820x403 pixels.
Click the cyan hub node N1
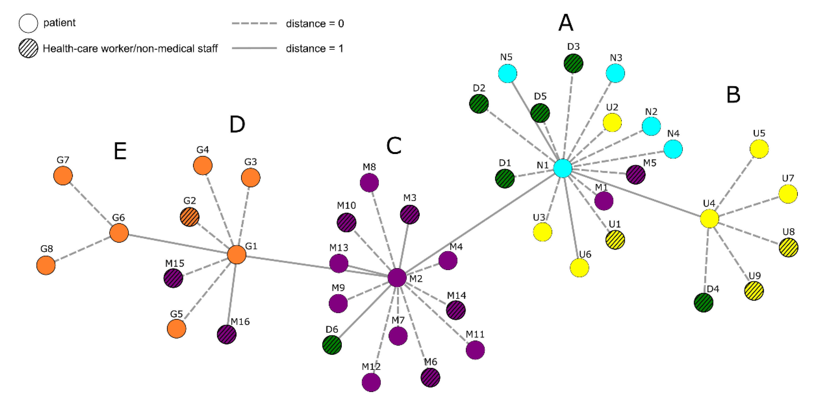[x=563, y=168]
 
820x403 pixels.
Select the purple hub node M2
[x=397, y=277]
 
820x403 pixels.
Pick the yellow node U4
[x=709, y=218]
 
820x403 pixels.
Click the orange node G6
[x=119, y=233]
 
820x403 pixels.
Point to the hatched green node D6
[x=332, y=345]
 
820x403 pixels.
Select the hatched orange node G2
[x=189, y=217]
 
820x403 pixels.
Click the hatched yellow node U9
[x=754, y=291]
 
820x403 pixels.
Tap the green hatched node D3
[x=573, y=64]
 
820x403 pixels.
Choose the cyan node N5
[x=507, y=73]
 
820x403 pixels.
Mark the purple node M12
[x=371, y=382]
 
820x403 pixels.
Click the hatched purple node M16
[x=227, y=334]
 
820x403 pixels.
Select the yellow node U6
[x=579, y=268]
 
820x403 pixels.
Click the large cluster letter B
[x=733, y=95]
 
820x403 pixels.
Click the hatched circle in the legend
[x=28, y=48]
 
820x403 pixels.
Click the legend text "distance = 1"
[x=315, y=48]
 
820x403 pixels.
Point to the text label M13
[x=338, y=248]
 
